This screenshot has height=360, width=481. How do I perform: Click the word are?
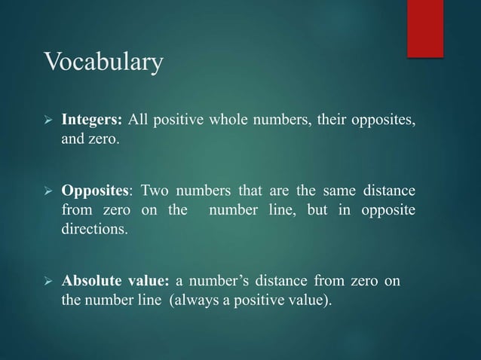pos(268,189)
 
